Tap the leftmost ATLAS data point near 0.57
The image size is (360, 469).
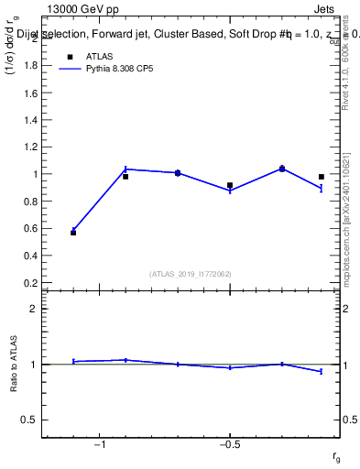73,233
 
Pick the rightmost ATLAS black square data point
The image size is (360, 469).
322,177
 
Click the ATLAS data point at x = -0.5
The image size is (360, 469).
230,185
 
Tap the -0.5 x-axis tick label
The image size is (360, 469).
229,444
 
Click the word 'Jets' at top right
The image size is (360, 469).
326,10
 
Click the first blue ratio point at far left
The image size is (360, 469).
73,361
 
